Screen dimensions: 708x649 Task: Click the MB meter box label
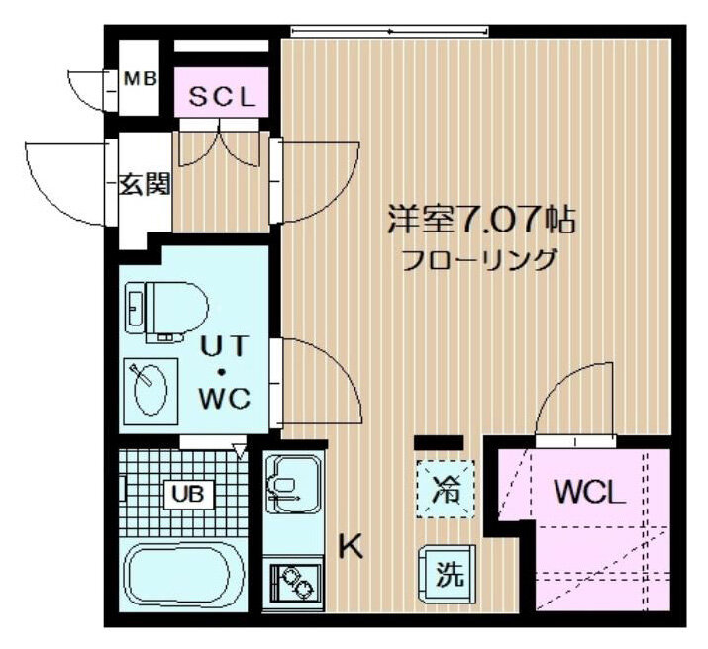pos(140,79)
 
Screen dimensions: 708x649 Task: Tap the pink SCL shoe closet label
pos(222,97)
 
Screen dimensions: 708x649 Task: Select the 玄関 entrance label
pos(145,184)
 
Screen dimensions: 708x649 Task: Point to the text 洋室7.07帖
pos(481,220)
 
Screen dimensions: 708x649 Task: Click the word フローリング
pos(477,260)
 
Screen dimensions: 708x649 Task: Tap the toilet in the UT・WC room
pos(167,312)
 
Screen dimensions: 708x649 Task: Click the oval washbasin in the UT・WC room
pos(151,390)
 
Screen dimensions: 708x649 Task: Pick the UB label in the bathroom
pos(187,494)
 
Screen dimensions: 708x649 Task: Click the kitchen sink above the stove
pos(293,484)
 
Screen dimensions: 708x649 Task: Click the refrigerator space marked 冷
pos(446,490)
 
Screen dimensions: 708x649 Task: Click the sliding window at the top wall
pos(389,31)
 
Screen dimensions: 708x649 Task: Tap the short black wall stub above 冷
pos(439,442)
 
